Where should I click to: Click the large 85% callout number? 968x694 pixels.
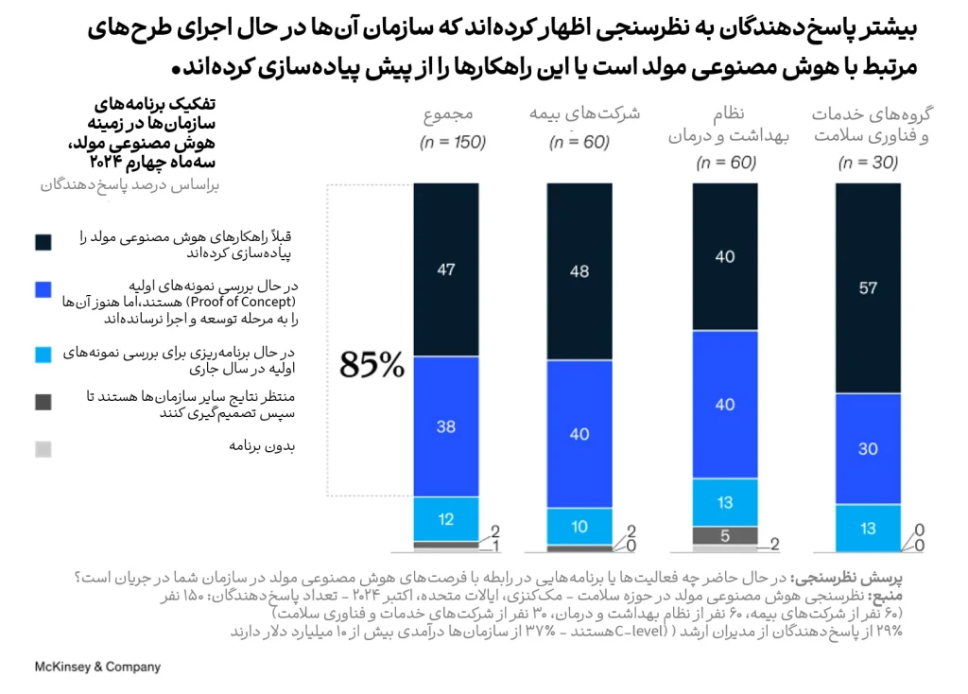click(x=372, y=365)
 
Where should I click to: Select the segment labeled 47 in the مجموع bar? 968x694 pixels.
click(x=446, y=269)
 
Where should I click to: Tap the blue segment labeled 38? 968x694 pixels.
click(x=446, y=426)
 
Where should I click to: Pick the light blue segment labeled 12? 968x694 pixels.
click(x=446, y=518)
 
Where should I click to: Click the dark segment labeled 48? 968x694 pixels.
click(x=579, y=271)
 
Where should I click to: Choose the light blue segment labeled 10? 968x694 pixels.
click(x=579, y=527)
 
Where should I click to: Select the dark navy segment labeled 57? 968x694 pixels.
click(x=868, y=288)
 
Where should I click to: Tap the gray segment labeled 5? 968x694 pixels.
click(x=725, y=535)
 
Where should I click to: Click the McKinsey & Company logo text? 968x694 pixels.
click(x=97, y=667)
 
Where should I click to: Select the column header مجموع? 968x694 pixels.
click(x=448, y=114)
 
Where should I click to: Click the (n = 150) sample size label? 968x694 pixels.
click(x=453, y=143)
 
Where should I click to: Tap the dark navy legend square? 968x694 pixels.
click(x=43, y=243)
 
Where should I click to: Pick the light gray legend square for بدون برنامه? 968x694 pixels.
click(x=43, y=450)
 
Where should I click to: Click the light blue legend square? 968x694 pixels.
click(x=43, y=354)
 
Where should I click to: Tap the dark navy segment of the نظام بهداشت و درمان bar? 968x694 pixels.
click(x=725, y=256)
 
